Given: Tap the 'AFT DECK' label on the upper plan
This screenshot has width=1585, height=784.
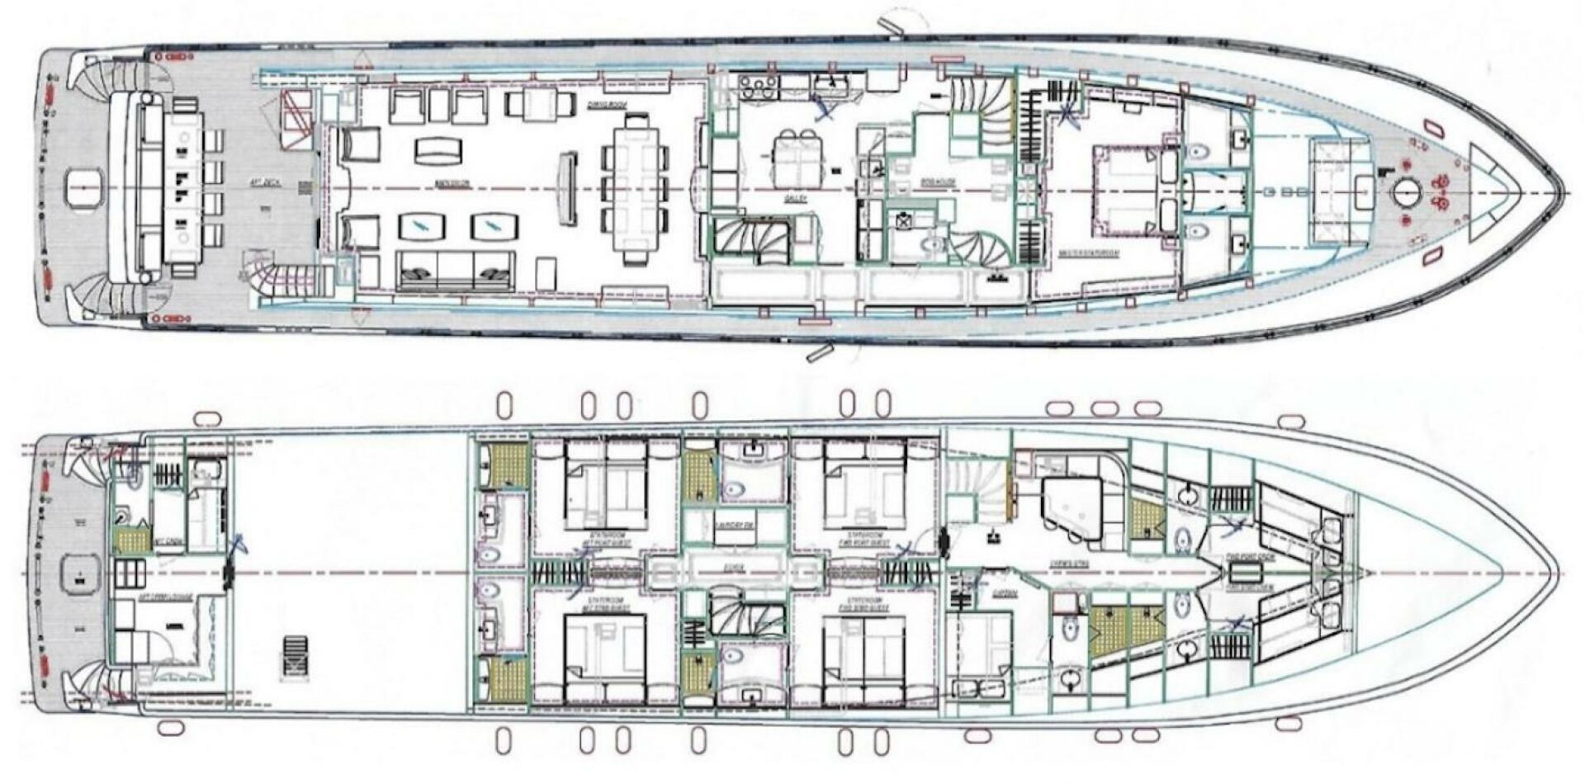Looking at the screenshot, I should coord(261,184).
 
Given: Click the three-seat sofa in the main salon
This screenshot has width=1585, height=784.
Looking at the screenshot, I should coord(456,270).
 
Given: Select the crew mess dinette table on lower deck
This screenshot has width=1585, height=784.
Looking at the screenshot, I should coord(1072,507).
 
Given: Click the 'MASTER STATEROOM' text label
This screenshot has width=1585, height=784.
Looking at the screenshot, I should coord(1088,253).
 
